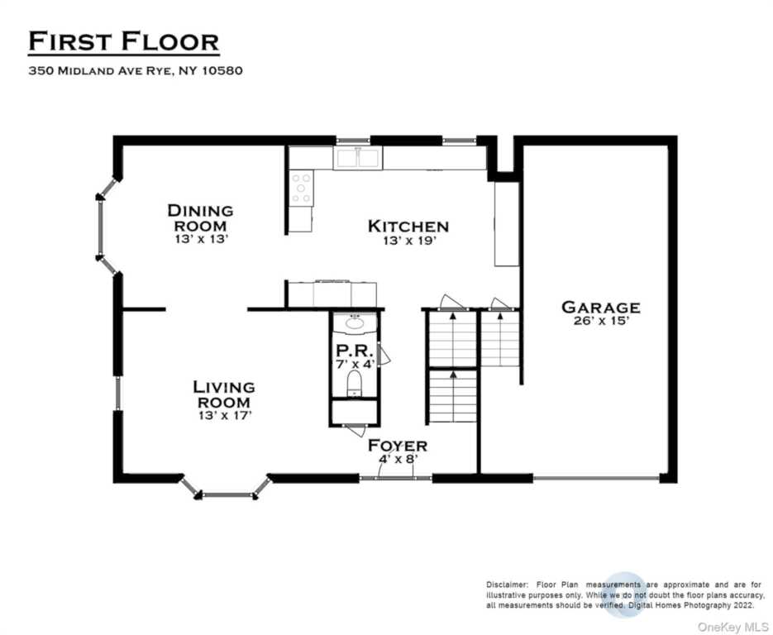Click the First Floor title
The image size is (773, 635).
(x=124, y=41)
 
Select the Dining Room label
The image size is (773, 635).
(x=200, y=218)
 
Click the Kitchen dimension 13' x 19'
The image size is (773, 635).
(x=410, y=241)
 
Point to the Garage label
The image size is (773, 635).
(x=601, y=307)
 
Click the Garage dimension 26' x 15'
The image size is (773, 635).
(x=601, y=321)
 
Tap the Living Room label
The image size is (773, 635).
(x=224, y=394)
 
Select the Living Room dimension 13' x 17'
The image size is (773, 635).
(x=226, y=416)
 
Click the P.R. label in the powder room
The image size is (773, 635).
(x=354, y=351)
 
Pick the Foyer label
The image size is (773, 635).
(x=398, y=446)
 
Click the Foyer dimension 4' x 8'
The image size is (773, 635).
(x=398, y=459)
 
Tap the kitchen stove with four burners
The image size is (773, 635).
(x=301, y=188)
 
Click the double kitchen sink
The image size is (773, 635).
(x=358, y=158)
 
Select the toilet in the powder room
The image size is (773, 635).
(x=354, y=383)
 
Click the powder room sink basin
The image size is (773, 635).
(x=354, y=323)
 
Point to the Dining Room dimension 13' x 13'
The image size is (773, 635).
(x=202, y=239)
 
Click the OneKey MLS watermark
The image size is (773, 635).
(x=732, y=627)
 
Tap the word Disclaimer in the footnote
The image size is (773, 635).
(x=507, y=585)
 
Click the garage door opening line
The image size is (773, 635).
(x=596, y=478)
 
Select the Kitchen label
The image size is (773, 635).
(x=408, y=227)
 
